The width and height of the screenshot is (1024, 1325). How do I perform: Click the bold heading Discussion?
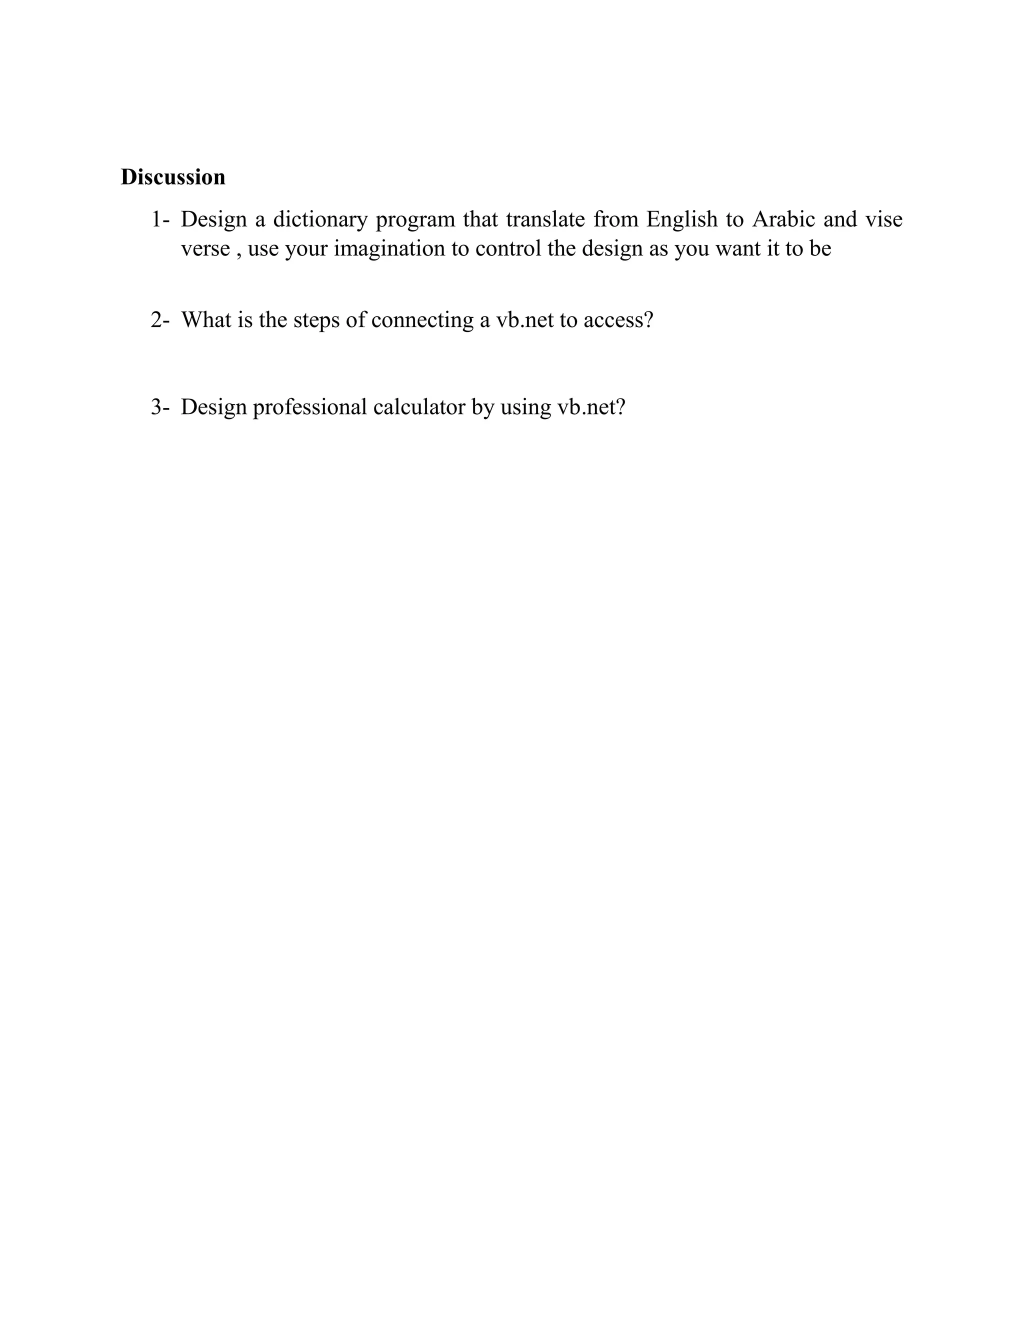tap(173, 177)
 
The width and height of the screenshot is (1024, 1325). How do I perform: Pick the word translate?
tap(545, 219)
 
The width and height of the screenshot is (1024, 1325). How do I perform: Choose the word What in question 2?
tap(205, 319)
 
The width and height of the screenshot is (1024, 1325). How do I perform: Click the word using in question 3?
tap(525, 407)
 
